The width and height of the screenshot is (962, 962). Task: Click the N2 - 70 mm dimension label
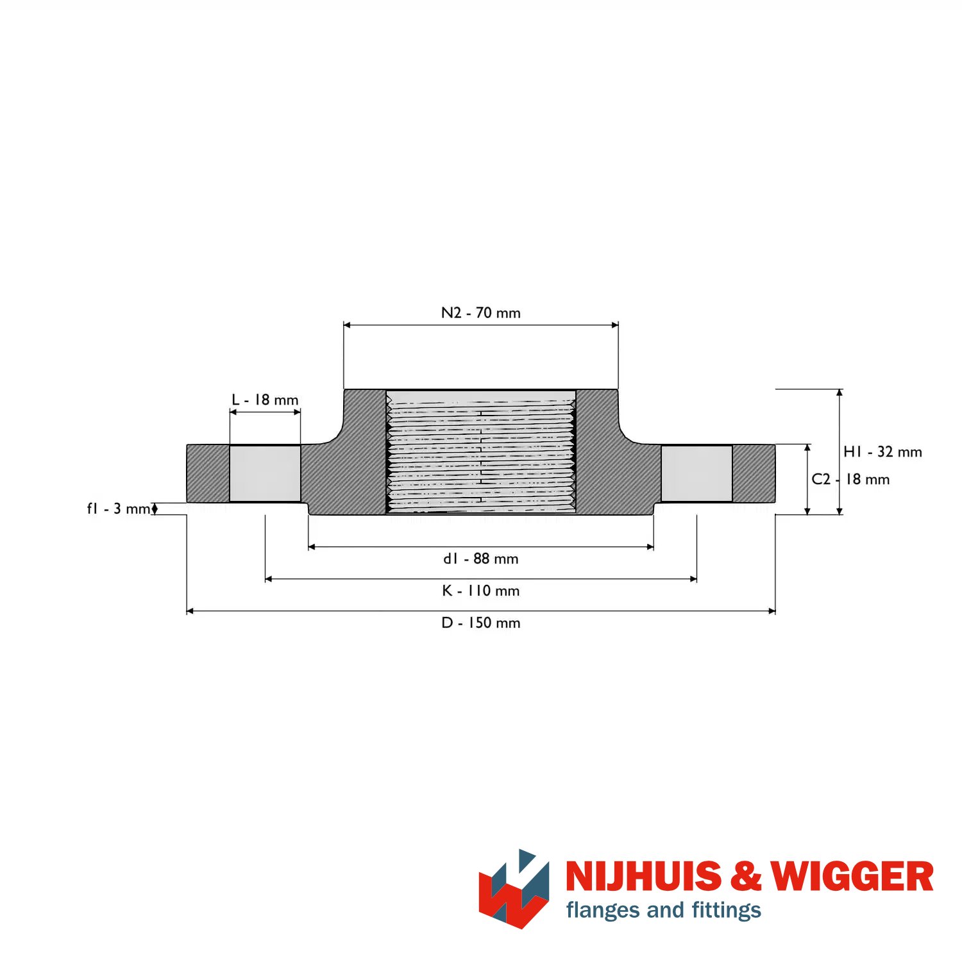click(x=481, y=313)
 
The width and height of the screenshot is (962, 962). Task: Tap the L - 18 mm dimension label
click(x=265, y=400)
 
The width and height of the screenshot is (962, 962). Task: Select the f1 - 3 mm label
click(x=119, y=509)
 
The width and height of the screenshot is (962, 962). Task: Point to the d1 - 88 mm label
click(x=481, y=559)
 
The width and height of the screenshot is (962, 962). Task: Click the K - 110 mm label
click(x=481, y=591)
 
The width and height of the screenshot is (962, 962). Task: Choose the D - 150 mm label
click(x=481, y=623)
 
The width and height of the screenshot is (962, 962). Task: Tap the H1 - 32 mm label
click(x=882, y=452)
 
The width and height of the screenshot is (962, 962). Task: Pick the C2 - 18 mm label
click(x=850, y=479)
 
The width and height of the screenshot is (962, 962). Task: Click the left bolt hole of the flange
click(x=265, y=473)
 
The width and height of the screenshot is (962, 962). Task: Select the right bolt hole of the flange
click(x=696, y=473)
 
